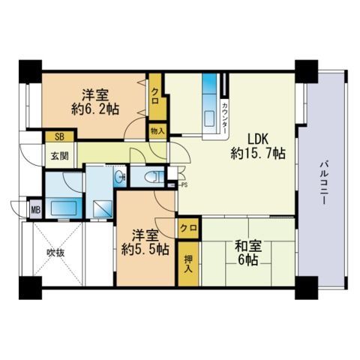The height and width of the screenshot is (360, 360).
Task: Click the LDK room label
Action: tap(258, 139)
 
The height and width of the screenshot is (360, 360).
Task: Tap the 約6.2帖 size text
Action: tap(95, 109)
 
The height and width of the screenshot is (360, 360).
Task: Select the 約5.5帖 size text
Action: tap(145, 249)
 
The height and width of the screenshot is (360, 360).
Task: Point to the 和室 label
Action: tap(248, 246)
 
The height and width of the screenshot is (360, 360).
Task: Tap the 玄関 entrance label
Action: tap(60, 156)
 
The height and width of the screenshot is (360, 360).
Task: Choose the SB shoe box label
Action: tap(59, 136)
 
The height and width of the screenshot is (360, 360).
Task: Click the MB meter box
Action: tap(36, 209)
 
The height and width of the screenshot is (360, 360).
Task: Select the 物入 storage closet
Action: tap(157, 130)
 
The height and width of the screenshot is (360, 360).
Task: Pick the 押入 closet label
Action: tap(188, 264)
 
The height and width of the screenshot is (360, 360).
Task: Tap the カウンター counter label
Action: tap(225, 117)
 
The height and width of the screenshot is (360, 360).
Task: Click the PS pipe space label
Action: tap(184, 185)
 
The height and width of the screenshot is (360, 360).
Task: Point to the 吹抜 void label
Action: tap(55, 253)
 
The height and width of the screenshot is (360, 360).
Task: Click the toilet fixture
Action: tap(153, 177)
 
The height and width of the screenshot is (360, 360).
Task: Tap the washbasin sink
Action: tap(118, 177)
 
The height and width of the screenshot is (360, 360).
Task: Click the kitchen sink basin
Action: tap(209, 118)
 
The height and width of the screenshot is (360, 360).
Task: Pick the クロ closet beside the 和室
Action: tap(188, 228)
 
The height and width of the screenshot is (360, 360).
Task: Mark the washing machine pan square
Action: tap(103, 209)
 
